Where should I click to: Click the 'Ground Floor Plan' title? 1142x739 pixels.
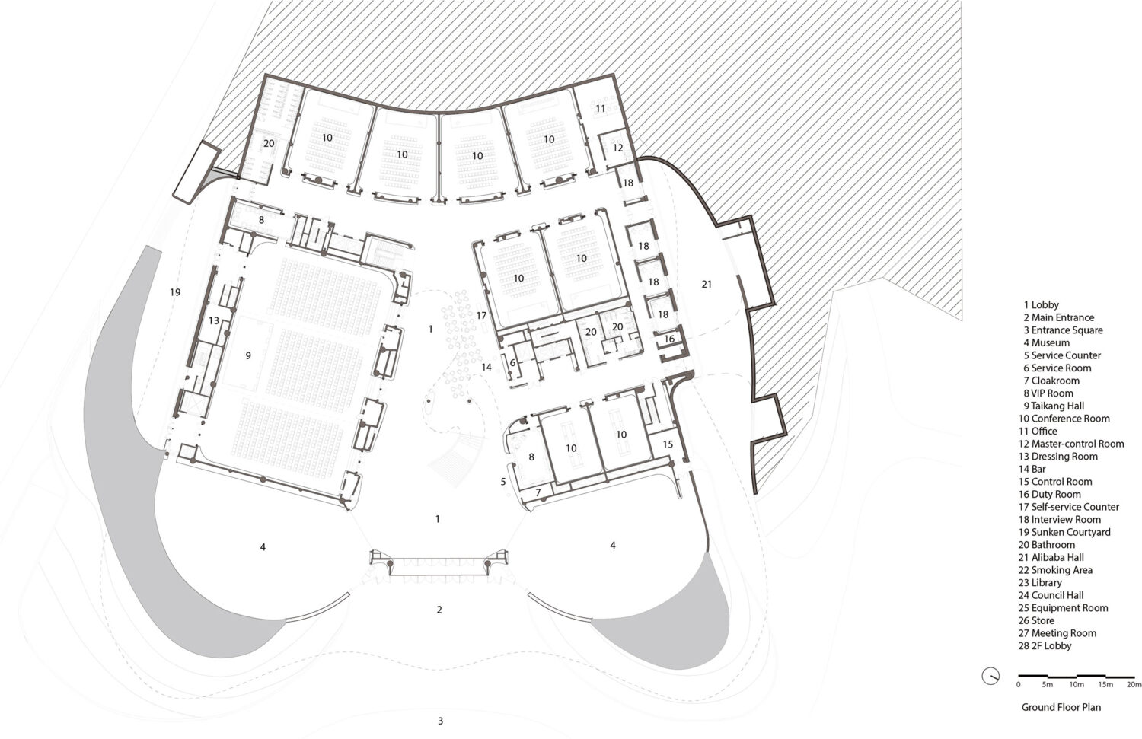[1061, 707]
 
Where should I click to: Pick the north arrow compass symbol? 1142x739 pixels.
[990, 677]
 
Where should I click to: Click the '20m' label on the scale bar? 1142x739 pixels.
[1134, 684]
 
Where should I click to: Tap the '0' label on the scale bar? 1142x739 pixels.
[1019, 684]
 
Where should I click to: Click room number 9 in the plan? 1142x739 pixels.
[248, 355]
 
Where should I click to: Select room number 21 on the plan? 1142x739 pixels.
[707, 285]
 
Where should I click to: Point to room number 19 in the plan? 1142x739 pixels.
[175, 292]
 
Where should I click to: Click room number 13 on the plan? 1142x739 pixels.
[214, 320]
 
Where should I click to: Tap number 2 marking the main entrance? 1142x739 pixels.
[439, 610]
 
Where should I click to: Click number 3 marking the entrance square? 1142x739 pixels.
[441, 721]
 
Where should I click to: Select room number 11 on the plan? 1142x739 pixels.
[600, 109]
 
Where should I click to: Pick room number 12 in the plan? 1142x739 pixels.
[618, 148]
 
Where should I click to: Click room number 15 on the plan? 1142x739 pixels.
[668, 444]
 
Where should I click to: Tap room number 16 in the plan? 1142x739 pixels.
[669, 339]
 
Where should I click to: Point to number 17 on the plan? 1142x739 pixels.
[481, 316]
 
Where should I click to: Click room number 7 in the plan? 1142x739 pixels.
[538, 493]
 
